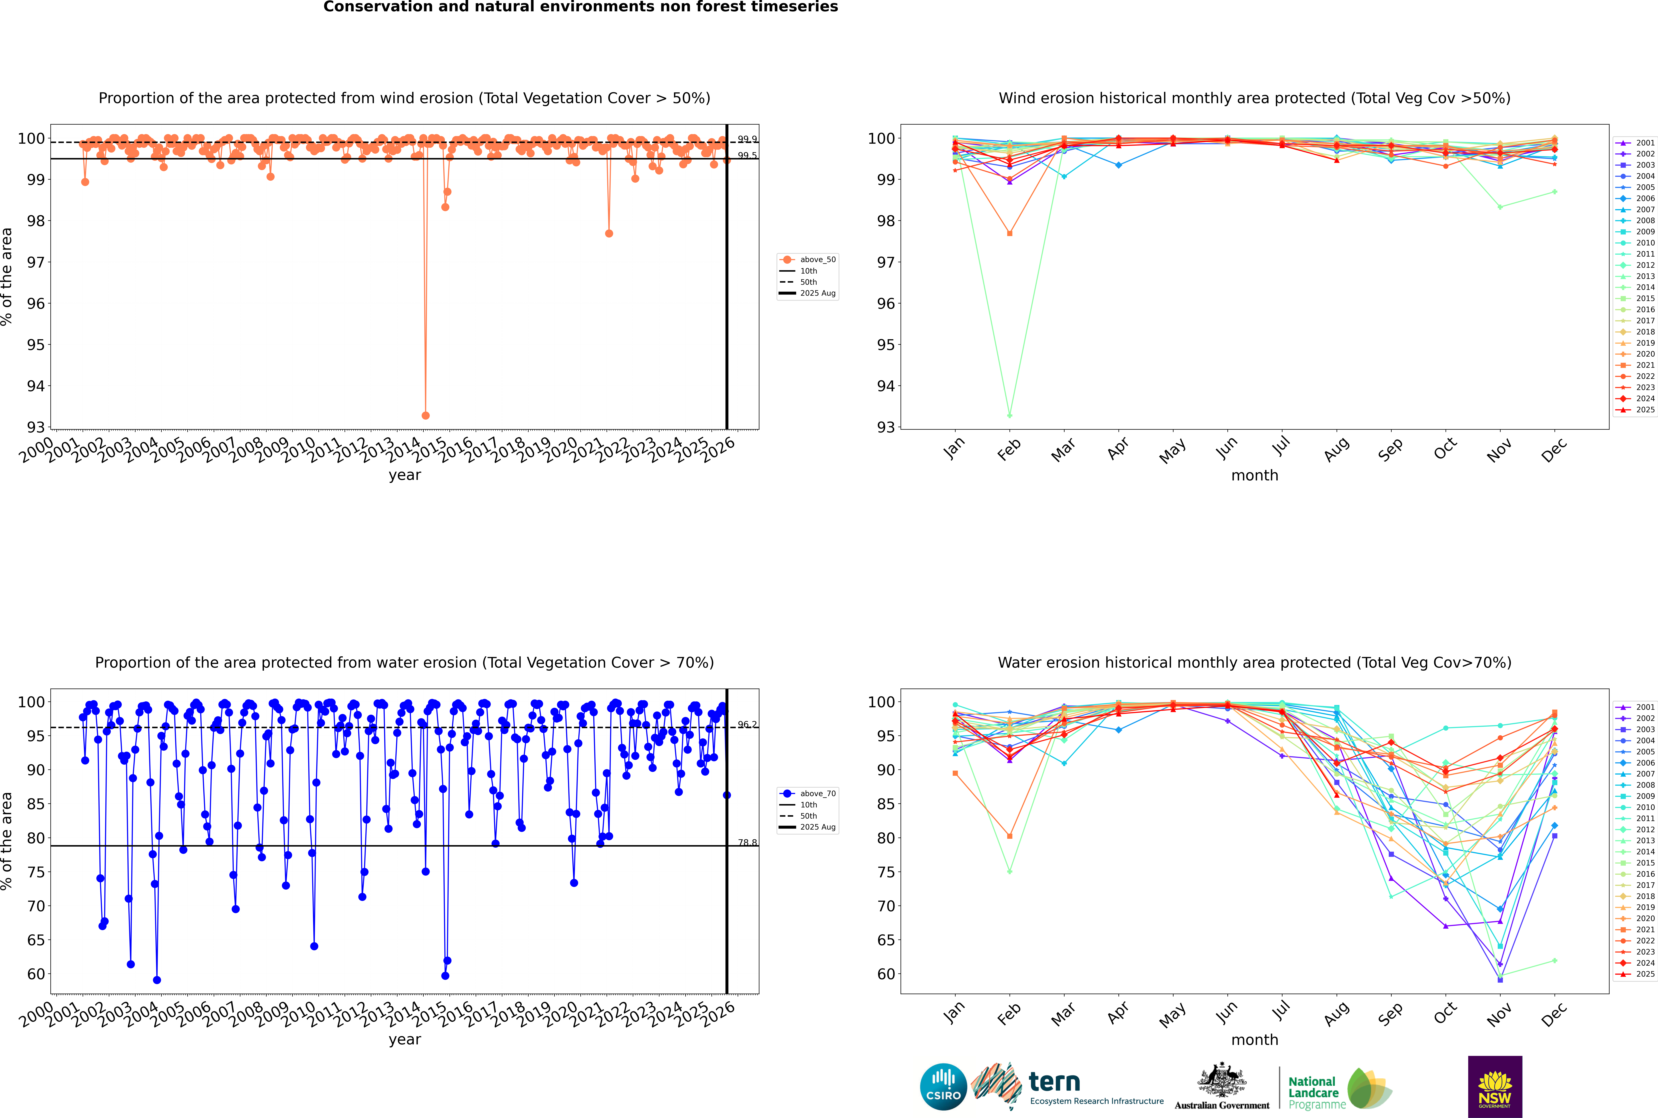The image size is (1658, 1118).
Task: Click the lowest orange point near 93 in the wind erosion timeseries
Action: [x=426, y=415]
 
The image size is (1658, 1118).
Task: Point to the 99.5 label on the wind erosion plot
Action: [x=747, y=155]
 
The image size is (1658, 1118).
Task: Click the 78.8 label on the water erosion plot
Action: [x=747, y=843]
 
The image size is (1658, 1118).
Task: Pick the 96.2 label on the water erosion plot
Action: [x=747, y=724]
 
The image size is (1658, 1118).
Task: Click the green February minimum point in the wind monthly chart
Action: [x=1009, y=415]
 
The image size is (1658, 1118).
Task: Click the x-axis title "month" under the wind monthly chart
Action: [x=1255, y=476]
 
